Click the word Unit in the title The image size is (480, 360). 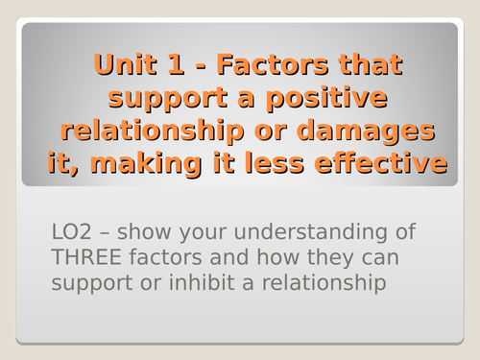click(x=124, y=66)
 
